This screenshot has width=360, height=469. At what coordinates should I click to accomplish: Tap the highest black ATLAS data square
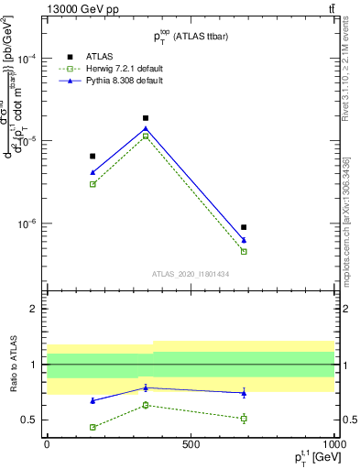coord(146,118)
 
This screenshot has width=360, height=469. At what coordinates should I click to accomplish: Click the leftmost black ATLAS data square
coord(93,157)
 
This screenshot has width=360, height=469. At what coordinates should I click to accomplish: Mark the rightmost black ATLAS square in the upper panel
coord(244,227)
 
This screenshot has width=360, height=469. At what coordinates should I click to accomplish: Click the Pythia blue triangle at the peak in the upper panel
coord(146,128)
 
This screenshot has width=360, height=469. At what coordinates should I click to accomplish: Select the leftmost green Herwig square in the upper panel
coord(93,184)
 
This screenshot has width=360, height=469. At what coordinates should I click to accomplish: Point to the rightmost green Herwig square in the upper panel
coord(244,251)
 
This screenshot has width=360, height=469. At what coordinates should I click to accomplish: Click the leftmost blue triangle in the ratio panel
coord(93,401)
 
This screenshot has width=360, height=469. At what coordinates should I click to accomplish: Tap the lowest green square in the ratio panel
coord(93,427)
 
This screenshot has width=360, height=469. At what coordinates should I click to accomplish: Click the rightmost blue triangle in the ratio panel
coord(244,393)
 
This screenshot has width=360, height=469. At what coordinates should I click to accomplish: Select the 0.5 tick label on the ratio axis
coord(29,420)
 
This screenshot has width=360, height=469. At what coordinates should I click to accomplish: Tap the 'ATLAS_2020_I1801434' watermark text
coord(191,273)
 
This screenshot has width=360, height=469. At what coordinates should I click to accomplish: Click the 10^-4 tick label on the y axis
coord(27,58)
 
